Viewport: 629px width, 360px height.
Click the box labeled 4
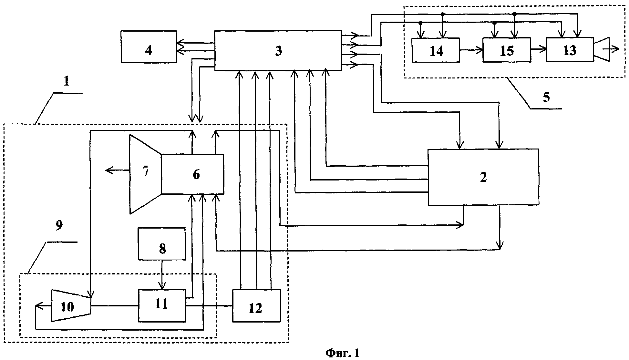149,46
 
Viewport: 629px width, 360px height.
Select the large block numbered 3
278,50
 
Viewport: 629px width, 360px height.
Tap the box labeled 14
436,50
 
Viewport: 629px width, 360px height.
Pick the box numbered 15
506,50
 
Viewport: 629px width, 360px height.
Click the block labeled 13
569,50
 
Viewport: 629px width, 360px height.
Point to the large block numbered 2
483,177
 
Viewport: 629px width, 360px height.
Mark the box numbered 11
162,305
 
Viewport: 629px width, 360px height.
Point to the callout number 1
66,81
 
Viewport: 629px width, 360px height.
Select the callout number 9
59,226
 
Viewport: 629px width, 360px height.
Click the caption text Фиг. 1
342,353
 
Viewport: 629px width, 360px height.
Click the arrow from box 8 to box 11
162,274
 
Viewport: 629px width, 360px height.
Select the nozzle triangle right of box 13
601,49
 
